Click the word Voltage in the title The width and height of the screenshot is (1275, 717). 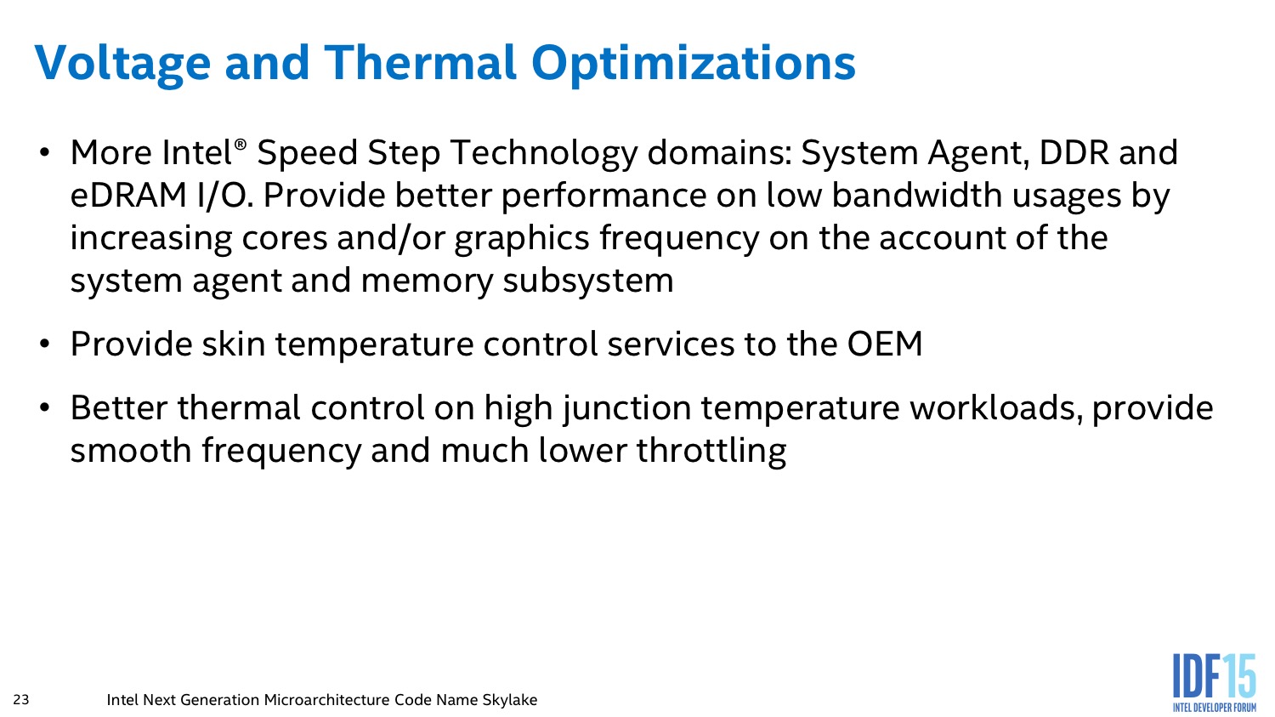coord(122,64)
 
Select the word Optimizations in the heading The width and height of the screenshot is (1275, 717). coord(694,64)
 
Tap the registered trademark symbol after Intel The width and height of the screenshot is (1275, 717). coord(241,145)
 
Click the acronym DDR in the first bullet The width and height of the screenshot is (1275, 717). coord(1074,152)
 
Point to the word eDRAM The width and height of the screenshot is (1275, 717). coord(128,196)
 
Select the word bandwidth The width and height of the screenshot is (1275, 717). coord(917,195)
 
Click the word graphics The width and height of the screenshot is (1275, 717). coord(522,239)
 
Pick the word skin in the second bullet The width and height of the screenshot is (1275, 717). coord(234,344)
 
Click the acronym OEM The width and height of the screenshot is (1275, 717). coord(885,344)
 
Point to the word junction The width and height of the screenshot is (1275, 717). coord(627,409)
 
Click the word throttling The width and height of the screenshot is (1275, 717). coord(711,452)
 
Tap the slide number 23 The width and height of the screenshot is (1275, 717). coord(21,699)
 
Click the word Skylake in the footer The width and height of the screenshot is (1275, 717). coord(509,700)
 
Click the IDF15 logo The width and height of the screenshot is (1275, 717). coord(1214,683)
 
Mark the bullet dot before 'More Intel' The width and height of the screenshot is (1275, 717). coord(45,153)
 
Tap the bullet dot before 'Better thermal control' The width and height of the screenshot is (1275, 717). coord(45,408)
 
